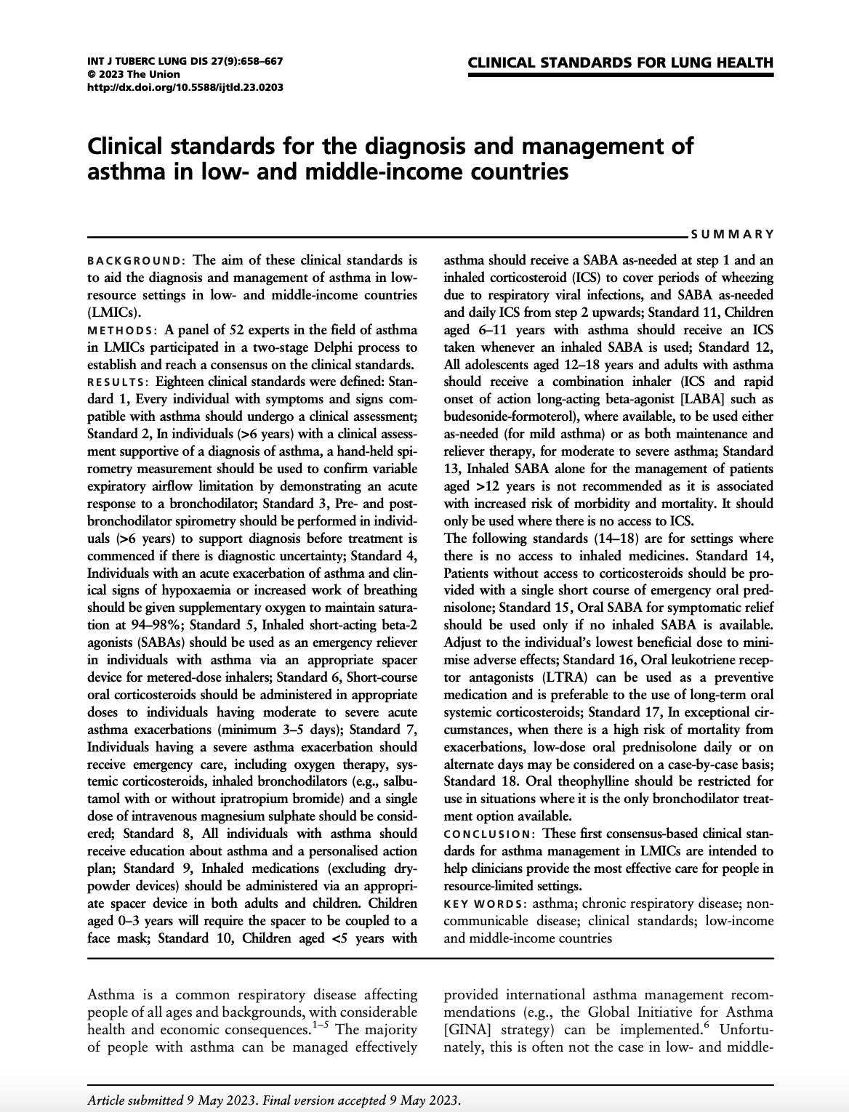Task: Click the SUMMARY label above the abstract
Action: point(732,234)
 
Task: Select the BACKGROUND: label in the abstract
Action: point(136,260)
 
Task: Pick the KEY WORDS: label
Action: point(485,903)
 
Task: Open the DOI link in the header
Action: point(185,86)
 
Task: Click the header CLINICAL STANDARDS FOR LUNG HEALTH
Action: point(620,63)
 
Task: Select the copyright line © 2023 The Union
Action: point(133,74)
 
